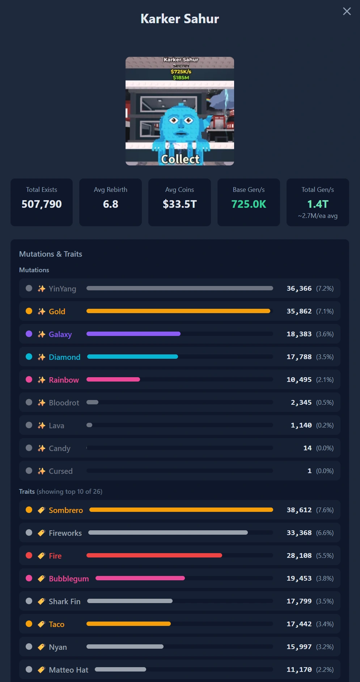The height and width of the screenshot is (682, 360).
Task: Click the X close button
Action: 347,11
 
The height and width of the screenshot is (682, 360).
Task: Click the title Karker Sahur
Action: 180,19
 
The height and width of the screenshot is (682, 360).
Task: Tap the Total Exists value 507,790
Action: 42,204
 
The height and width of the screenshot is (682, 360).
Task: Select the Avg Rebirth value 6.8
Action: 111,204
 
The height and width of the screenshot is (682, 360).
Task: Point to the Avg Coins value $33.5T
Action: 180,204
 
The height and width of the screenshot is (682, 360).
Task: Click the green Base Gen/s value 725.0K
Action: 249,204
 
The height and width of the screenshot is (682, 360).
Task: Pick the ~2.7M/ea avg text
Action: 318,216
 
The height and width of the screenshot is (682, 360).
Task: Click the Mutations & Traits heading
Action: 51,254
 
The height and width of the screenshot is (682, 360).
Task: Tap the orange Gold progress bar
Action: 178,311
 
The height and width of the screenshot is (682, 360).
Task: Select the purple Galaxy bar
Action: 134,334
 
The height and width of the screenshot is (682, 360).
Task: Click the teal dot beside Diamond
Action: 29,357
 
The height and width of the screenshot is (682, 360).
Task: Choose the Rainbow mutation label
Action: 64,380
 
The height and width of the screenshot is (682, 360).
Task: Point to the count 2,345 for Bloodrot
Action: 301,403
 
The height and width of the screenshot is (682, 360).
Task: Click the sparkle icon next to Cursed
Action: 42,471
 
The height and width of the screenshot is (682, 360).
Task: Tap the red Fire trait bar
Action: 154,555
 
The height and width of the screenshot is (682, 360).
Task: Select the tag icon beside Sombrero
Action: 42,510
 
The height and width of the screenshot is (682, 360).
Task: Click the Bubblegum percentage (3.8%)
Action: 325,578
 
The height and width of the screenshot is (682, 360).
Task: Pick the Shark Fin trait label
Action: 65,601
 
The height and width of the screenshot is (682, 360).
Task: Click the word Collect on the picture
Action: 180,159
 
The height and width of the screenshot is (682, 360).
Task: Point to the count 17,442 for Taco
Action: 299,624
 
